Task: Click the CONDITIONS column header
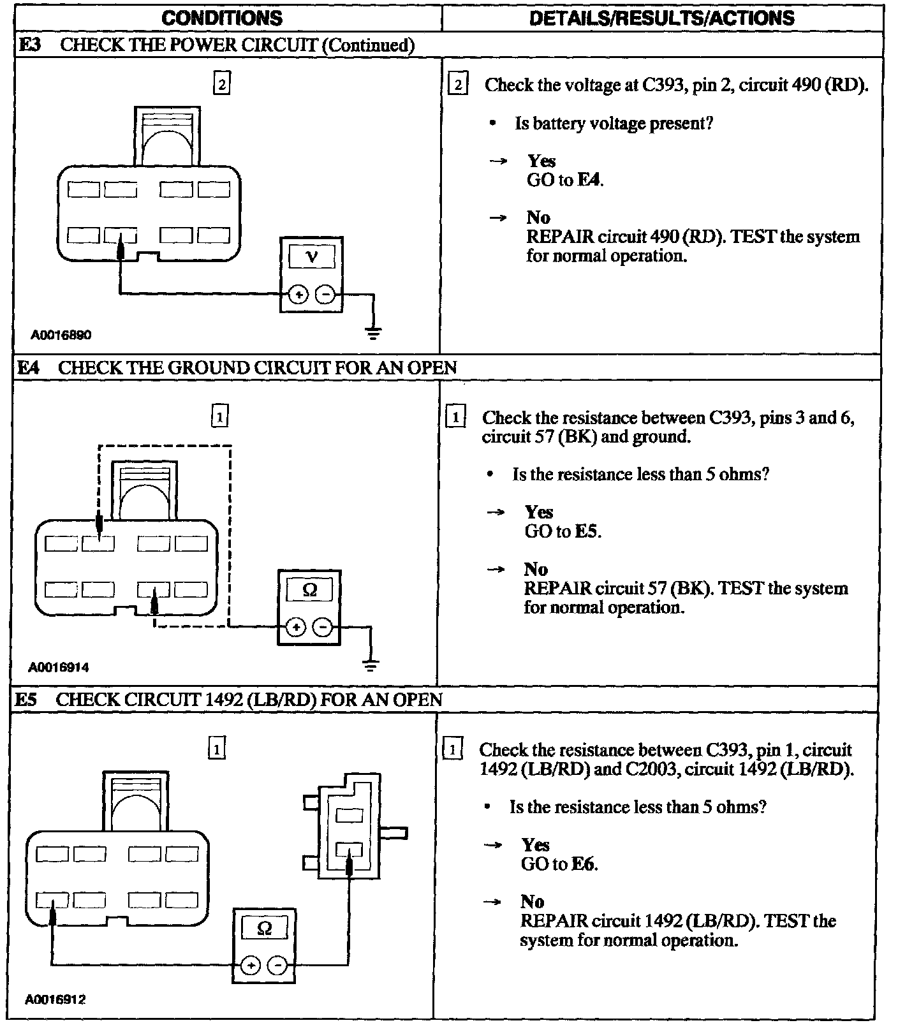222,17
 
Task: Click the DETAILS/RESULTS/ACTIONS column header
662,17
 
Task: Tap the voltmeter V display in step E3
311,257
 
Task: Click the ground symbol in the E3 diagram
374,332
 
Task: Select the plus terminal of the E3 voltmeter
298,295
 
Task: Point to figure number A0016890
61,335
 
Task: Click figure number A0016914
59,668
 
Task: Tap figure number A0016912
55,999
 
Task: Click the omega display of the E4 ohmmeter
309,590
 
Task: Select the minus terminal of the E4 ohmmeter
323,627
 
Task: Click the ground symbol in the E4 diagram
371,665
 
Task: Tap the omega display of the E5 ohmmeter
264,929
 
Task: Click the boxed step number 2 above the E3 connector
221,84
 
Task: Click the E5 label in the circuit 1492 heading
26,700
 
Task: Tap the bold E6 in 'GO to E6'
585,864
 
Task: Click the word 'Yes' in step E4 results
539,512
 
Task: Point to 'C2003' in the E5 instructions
650,769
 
